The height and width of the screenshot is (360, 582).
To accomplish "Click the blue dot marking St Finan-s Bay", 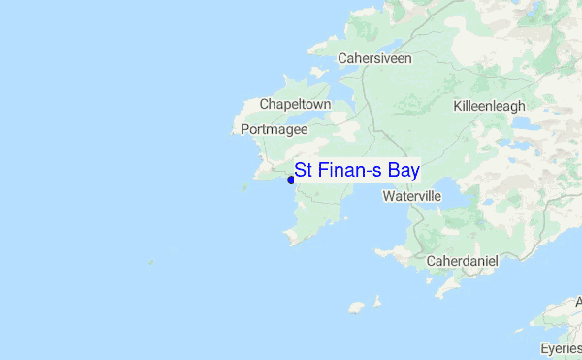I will (x=291, y=180).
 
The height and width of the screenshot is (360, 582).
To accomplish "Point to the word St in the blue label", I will (x=303, y=171).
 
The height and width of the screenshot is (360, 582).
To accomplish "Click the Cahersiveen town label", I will (x=374, y=58).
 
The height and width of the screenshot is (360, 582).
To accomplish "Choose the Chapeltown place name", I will (x=296, y=104).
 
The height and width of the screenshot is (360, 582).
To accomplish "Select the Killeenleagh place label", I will (x=489, y=106).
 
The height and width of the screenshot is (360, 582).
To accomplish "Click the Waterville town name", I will (x=412, y=196).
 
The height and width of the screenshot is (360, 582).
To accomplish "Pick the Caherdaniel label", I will (x=462, y=261).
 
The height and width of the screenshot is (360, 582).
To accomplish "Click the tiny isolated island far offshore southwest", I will (x=150, y=260).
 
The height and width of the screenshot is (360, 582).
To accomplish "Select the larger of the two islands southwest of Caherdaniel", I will (x=356, y=307).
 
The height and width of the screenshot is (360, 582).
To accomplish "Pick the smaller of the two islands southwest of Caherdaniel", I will (x=377, y=301).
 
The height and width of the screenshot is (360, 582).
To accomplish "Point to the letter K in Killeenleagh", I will (x=457, y=106).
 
